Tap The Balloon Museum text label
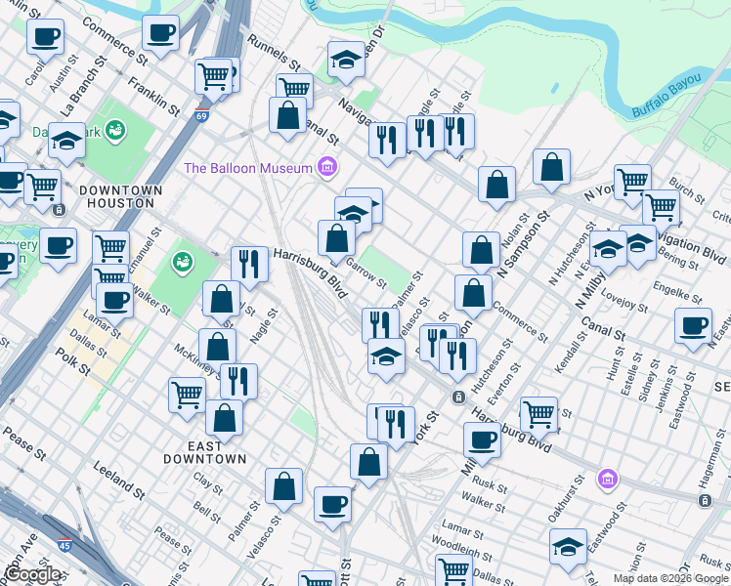coord(247,168)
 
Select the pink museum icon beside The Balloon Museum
coord(327,168)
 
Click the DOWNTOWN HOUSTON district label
coord(117,196)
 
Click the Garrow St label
coord(366,276)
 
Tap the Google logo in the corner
coord(33,574)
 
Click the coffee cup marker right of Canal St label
coord(693,326)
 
